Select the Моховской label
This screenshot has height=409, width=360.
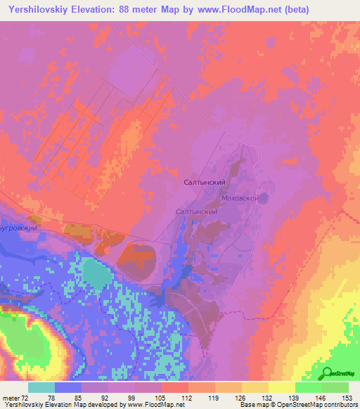click(x=240, y=199)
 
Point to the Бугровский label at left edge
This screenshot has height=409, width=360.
click(x=17, y=228)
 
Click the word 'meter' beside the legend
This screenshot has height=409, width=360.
click(x=9, y=397)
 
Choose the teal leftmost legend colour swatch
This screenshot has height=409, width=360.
click(x=41, y=387)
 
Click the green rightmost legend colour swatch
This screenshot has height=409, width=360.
click(x=335, y=387)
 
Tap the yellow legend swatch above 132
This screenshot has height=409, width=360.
click(x=255, y=387)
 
